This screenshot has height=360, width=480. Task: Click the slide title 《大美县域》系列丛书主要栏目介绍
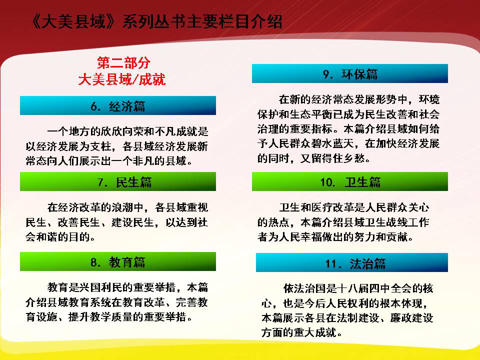pyautogui.click(x=156, y=21)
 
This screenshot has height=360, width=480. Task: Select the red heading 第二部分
pyautogui.click(x=123, y=63)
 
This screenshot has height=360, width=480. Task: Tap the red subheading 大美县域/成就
pyautogui.click(x=122, y=79)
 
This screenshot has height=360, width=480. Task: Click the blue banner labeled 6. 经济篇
pyautogui.click(x=118, y=105)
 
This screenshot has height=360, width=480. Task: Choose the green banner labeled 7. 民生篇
pyautogui.click(x=118, y=181)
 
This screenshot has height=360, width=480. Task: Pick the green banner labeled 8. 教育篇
pyautogui.click(x=118, y=261)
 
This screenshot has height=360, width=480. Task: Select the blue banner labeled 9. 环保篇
pyautogui.click(x=350, y=73)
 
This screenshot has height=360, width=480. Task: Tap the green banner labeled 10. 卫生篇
pyautogui.click(x=350, y=181)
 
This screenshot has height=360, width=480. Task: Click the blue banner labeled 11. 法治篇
pyautogui.click(x=352, y=262)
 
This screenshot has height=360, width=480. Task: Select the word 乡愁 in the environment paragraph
pyautogui.click(x=354, y=158)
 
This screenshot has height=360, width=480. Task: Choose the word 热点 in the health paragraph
pyautogui.click(x=278, y=222)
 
